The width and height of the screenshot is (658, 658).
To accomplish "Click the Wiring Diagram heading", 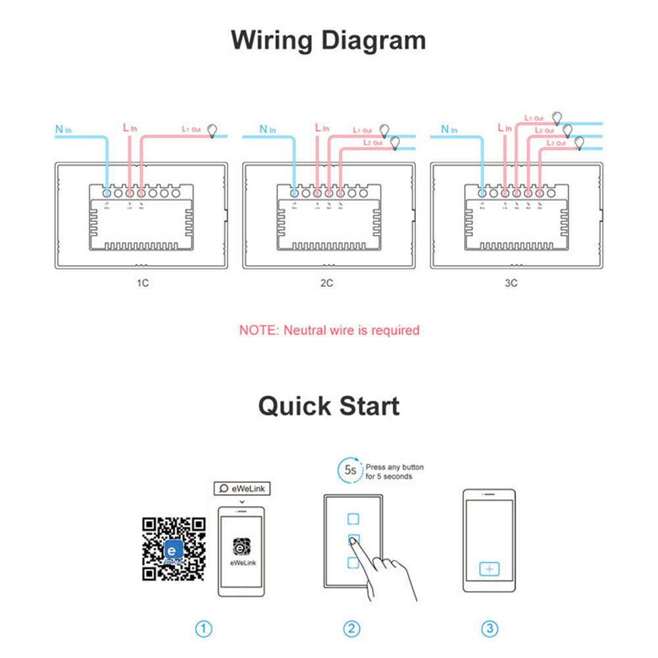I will (328, 40).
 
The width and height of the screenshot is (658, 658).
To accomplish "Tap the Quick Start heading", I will (328, 406).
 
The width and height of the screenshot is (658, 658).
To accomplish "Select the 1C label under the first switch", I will (143, 284).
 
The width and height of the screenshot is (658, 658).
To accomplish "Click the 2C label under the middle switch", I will (326, 284).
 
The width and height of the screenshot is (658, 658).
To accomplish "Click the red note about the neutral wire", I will (329, 330).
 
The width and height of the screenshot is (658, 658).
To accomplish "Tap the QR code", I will (174, 549).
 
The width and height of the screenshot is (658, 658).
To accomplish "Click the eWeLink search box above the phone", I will (242, 488).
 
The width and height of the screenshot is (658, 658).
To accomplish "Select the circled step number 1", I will (205, 629).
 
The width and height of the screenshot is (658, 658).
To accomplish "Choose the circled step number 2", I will (353, 629).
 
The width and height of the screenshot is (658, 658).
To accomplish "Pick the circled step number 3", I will (490, 629).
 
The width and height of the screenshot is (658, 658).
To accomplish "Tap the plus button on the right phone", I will (490, 569).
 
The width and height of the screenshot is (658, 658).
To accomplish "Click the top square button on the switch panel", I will (353, 519).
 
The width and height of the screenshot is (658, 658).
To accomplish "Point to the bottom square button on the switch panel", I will (353, 563).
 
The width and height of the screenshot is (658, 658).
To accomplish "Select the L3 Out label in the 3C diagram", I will (555, 143).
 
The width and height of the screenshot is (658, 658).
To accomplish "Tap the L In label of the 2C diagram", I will (322, 127).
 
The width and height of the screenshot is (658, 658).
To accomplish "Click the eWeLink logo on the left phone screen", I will (241, 547).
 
